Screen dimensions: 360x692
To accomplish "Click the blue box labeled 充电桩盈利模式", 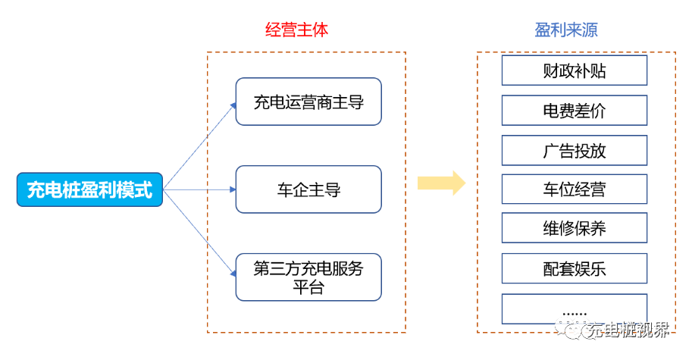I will point(89,189).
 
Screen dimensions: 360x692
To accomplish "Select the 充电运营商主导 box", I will point(308,102).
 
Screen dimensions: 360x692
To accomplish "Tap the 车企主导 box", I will point(308,189).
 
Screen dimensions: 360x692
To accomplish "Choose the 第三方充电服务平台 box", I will point(308,277).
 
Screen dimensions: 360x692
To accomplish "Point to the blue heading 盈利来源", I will point(566,30).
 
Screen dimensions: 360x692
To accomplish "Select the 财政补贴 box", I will point(574,71).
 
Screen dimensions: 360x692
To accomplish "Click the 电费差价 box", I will point(574,111).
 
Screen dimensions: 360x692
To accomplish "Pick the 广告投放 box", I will point(574,150).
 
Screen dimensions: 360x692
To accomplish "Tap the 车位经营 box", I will point(574,189).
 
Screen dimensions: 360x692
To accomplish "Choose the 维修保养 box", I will point(574,228).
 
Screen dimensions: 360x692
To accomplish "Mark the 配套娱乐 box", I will point(574,268).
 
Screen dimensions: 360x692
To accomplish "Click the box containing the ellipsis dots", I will point(574,309).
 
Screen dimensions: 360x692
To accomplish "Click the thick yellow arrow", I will point(441,183).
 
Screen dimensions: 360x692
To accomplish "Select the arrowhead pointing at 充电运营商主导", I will point(233,105).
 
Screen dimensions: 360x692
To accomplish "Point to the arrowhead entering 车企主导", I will point(232,190).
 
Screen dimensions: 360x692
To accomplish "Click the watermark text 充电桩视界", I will point(629,330).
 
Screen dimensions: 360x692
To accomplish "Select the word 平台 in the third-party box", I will point(308,287).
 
